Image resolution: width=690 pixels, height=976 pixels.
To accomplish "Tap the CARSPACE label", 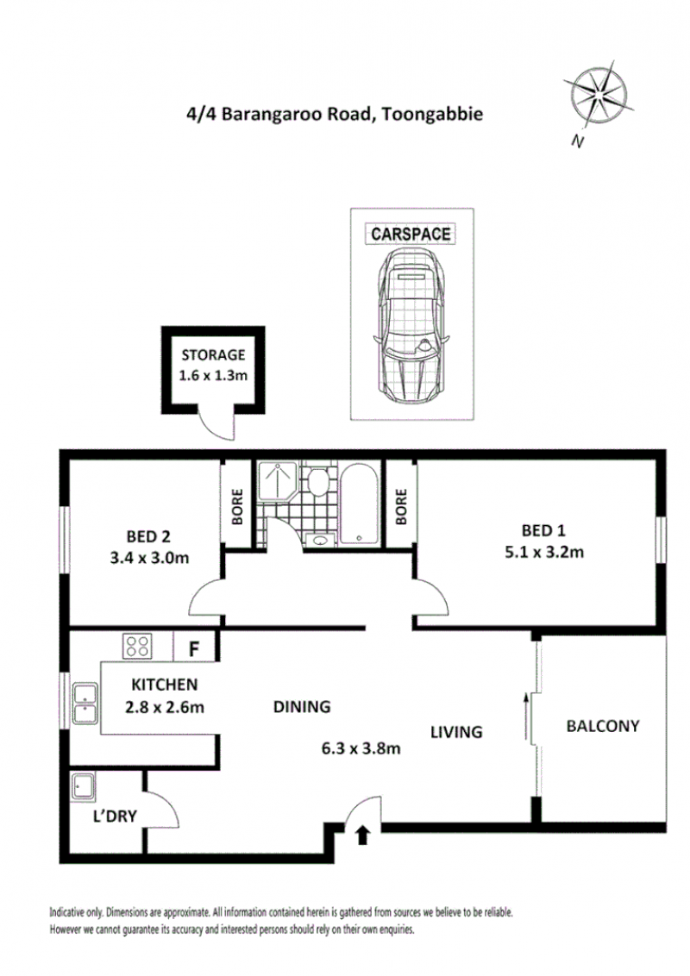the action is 411,234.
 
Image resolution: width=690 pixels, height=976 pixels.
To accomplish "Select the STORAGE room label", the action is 213,355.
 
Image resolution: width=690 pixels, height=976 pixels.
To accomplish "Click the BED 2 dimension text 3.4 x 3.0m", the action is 149,558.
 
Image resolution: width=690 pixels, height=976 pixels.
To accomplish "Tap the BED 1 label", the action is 543,530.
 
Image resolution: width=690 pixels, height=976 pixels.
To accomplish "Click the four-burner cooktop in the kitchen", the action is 137,646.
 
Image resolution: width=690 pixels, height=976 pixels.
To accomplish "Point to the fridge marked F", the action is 194,649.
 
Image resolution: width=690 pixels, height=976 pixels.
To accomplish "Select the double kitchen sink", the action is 85,704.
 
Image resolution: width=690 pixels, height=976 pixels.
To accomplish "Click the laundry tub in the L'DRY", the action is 83,785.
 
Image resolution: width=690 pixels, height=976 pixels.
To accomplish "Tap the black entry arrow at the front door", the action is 362,835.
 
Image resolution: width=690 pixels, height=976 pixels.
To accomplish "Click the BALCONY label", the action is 603,726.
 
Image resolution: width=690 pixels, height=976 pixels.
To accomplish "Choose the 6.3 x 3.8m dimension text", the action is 361,748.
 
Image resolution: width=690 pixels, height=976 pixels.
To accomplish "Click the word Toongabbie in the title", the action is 432,114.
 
